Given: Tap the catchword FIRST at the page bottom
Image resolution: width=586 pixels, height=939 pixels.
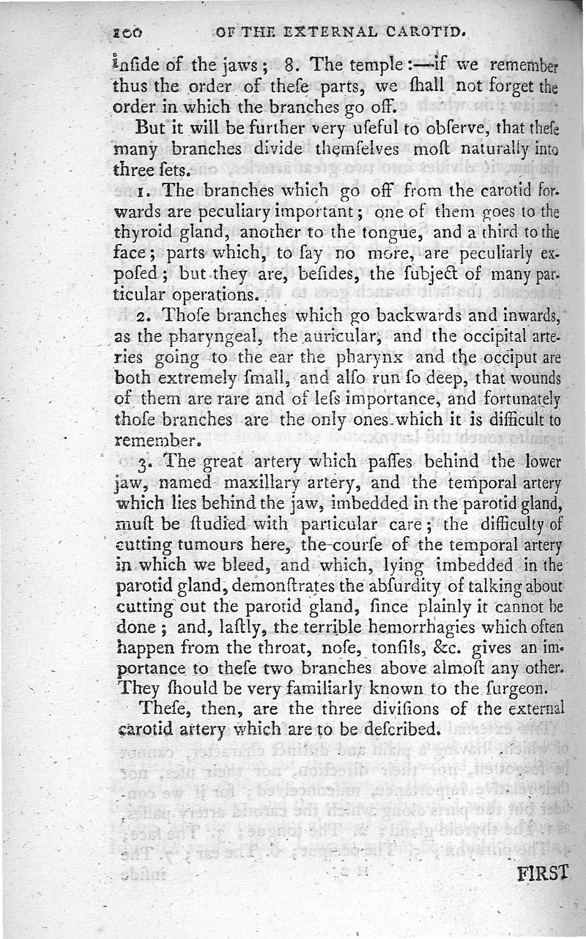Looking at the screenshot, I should click(543, 873).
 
